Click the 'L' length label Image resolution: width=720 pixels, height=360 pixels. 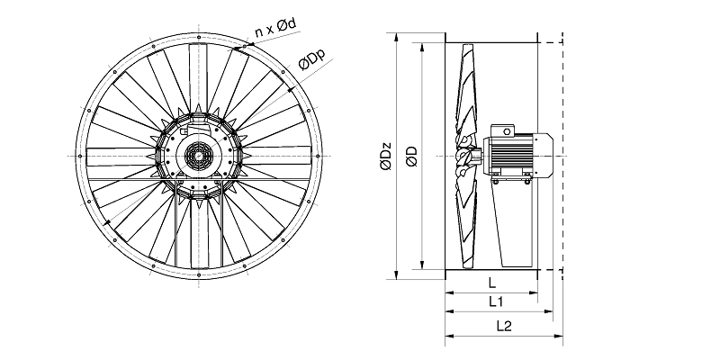pyautogui.click(x=490, y=283)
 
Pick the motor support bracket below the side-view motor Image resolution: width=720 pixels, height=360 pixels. pyautogui.click(x=513, y=225)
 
